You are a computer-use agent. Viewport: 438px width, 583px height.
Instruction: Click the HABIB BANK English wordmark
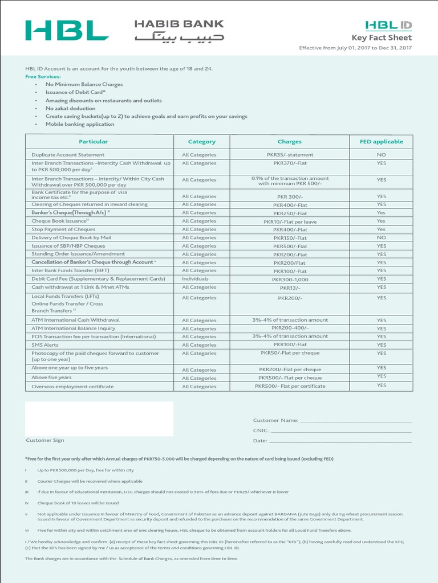[x=179, y=24]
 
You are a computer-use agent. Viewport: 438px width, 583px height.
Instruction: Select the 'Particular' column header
[x=93, y=142]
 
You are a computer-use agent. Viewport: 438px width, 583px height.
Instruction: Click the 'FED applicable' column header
[x=381, y=142]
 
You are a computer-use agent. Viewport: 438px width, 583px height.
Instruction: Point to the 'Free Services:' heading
[x=43, y=76]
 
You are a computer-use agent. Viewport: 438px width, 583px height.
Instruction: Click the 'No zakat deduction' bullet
[x=70, y=108]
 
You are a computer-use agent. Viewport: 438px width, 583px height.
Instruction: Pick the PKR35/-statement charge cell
[x=290, y=155]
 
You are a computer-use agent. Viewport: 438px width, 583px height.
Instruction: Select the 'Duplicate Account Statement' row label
[x=68, y=155]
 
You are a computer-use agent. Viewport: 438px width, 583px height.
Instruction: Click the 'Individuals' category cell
[x=195, y=279]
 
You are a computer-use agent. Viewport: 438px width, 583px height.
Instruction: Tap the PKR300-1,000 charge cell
[x=290, y=280]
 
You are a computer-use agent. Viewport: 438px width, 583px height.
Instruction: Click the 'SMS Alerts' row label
[x=44, y=344]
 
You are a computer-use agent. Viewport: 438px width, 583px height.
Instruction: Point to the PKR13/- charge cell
[x=290, y=288]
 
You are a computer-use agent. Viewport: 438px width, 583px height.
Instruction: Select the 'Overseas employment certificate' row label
[x=72, y=387]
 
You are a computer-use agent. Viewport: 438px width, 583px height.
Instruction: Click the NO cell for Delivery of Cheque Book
[x=381, y=237]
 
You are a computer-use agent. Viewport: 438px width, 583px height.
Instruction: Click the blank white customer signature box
[x=99, y=418]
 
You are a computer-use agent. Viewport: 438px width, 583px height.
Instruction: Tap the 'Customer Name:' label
[x=275, y=420]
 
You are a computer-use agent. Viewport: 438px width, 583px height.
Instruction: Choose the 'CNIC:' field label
[x=261, y=431]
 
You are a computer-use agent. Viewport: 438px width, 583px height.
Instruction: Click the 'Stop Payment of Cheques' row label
[x=63, y=229]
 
